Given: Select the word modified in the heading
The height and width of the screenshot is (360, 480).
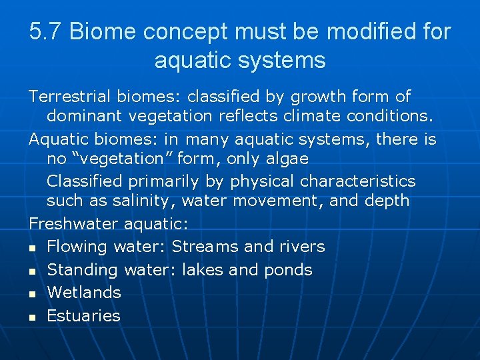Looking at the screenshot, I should pos(370,31).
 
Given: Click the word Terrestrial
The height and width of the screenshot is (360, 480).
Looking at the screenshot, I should pos(70,97).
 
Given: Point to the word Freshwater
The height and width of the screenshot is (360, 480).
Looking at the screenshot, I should pos(73,223).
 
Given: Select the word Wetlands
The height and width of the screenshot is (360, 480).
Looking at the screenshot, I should pos(84,292).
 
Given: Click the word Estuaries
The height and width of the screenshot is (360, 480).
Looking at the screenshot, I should pos(83,315).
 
